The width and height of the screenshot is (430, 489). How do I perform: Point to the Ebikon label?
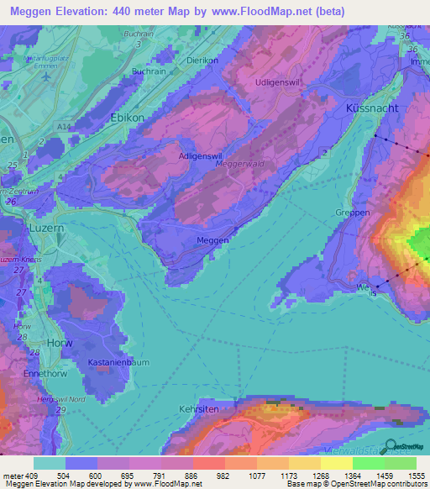[128, 118]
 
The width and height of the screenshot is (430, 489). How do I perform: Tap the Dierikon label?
[202, 60]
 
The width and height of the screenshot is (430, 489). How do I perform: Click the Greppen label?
[352, 213]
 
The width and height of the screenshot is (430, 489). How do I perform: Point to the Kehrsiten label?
[197, 408]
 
